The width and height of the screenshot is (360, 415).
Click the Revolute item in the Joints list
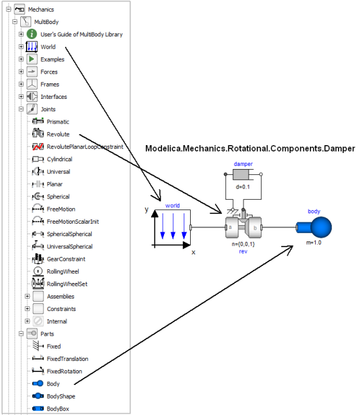pos(58,134)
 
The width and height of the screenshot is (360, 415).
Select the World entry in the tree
pos(48,47)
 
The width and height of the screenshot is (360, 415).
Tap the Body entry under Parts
pos(53,384)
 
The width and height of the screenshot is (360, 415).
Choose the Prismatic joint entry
pos(58,122)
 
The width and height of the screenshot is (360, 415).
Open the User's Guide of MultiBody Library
pos(81,34)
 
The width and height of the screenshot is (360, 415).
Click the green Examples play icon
pos(32,59)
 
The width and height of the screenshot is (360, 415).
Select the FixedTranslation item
pos(67,358)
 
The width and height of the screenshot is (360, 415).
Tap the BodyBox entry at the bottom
pos(57,408)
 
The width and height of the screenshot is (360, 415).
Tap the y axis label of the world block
pos(147,211)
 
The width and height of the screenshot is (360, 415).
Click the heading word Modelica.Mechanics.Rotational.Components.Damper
pos(250,149)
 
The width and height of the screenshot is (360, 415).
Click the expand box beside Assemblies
pos(27,296)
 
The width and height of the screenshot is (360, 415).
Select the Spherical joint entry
pos(58,196)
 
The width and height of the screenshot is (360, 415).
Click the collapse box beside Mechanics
pos(8,9)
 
